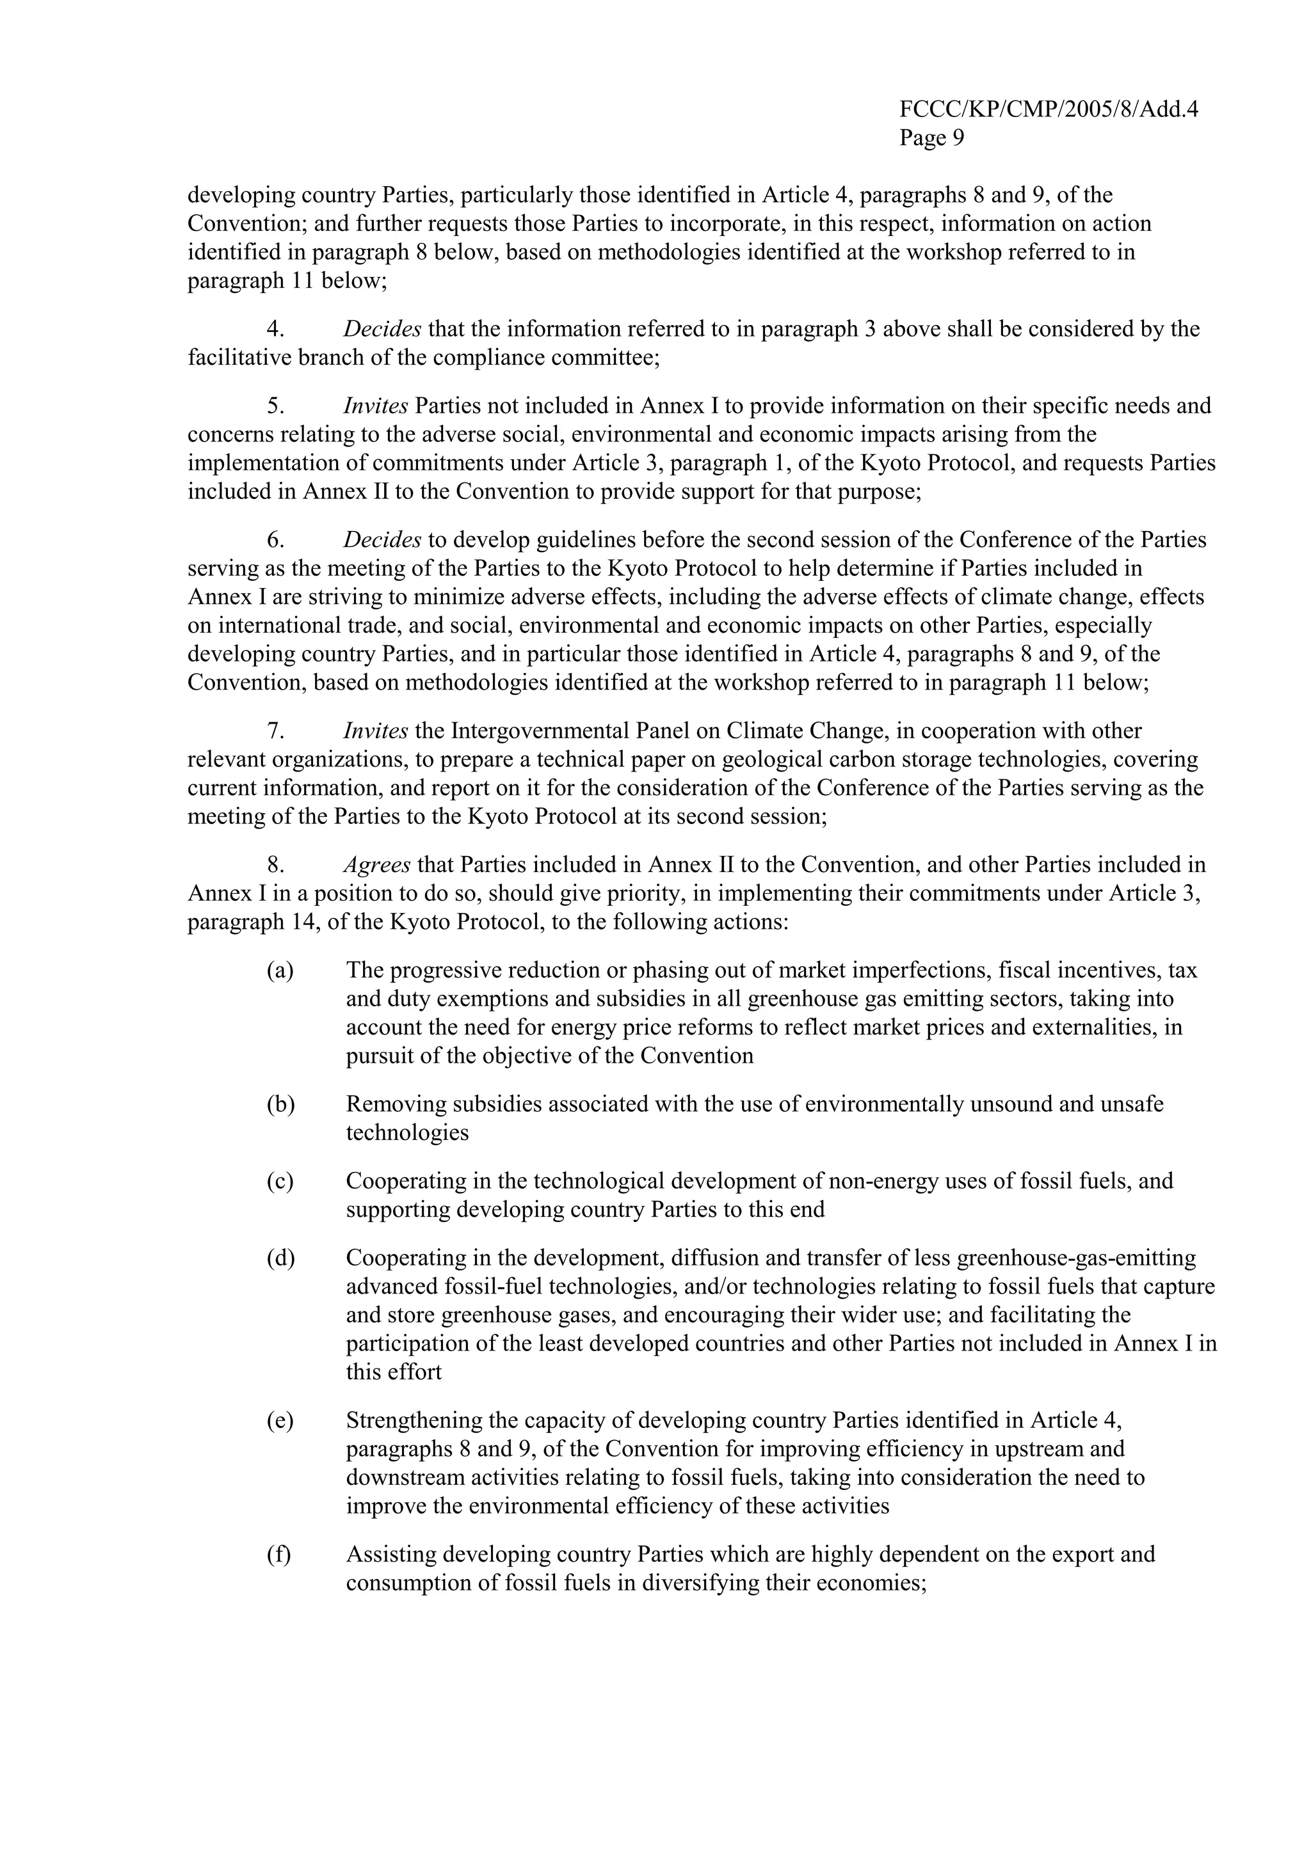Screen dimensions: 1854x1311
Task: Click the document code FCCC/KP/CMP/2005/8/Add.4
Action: pyautogui.click(x=1048, y=110)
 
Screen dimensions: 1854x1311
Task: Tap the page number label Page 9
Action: pyautogui.click(x=931, y=138)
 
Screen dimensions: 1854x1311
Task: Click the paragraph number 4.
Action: pyautogui.click(x=275, y=329)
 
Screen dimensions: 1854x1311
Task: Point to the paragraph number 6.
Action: pyautogui.click(x=275, y=539)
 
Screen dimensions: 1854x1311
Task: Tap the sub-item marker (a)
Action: pyautogui.click(x=280, y=970)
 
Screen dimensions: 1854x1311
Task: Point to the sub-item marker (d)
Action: pyautogui.click(x=280, y=1257)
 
